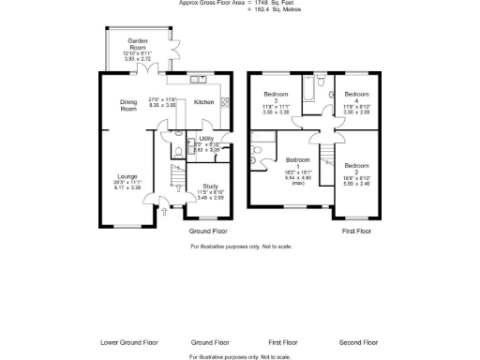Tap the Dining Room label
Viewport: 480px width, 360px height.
pos(128,105)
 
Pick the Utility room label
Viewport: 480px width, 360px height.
pos(206,138)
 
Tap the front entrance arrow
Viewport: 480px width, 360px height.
pos(165,213)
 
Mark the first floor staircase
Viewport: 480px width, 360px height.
pos(327,159)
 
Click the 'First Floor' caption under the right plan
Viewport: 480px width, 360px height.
pos(356,229)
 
